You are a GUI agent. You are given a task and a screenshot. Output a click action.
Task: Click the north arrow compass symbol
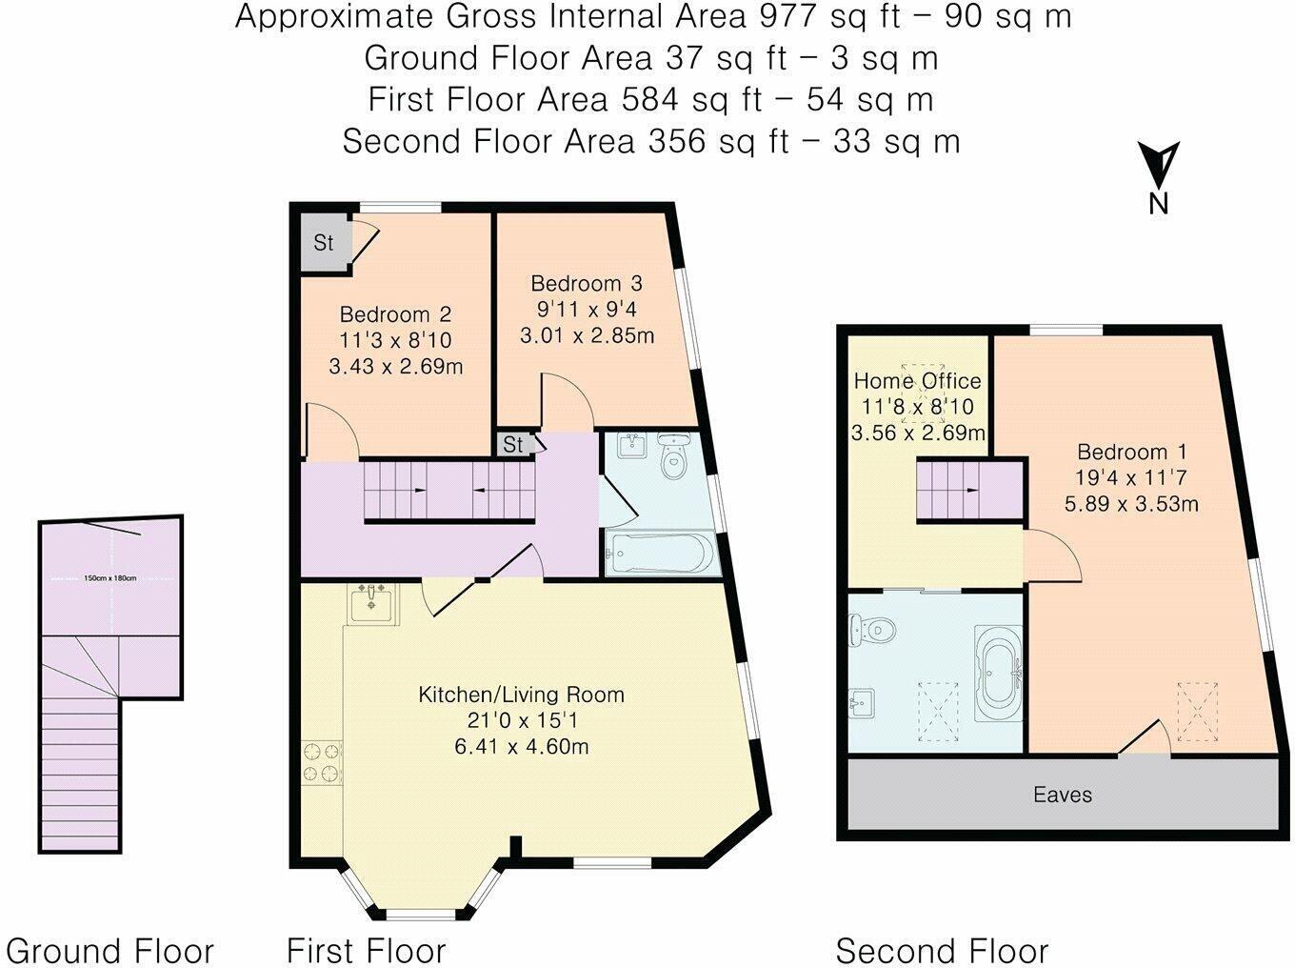pos(1159,177)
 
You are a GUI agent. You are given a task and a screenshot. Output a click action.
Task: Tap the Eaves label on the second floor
pos(1063,795)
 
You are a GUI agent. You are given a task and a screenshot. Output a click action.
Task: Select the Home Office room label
pos(917,381)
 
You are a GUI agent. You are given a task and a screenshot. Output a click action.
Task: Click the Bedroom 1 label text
pos(1131,452)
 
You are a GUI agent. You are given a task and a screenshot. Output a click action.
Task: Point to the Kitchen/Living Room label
pos(521,695)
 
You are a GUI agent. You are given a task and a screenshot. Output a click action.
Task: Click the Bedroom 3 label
pos(587,283)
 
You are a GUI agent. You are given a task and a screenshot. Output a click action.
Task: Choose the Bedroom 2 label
pos(395,314)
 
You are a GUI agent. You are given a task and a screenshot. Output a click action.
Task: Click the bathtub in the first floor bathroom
pos(660,553)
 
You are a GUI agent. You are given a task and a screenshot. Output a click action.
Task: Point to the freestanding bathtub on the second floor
pos(999,674)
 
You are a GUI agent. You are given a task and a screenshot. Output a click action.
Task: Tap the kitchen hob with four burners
pos(322,762)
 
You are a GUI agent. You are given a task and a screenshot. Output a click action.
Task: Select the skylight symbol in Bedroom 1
pos(1198,712)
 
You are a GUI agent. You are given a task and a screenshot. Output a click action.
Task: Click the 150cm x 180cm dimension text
pos(110,578)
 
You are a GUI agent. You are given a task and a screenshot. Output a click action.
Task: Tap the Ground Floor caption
pos(110,951)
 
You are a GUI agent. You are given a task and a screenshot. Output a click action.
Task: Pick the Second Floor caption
pos(942,951)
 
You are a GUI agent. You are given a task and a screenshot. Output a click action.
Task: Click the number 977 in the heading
pos(787,16)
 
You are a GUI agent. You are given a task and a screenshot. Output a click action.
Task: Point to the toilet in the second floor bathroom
pos(871,631)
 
